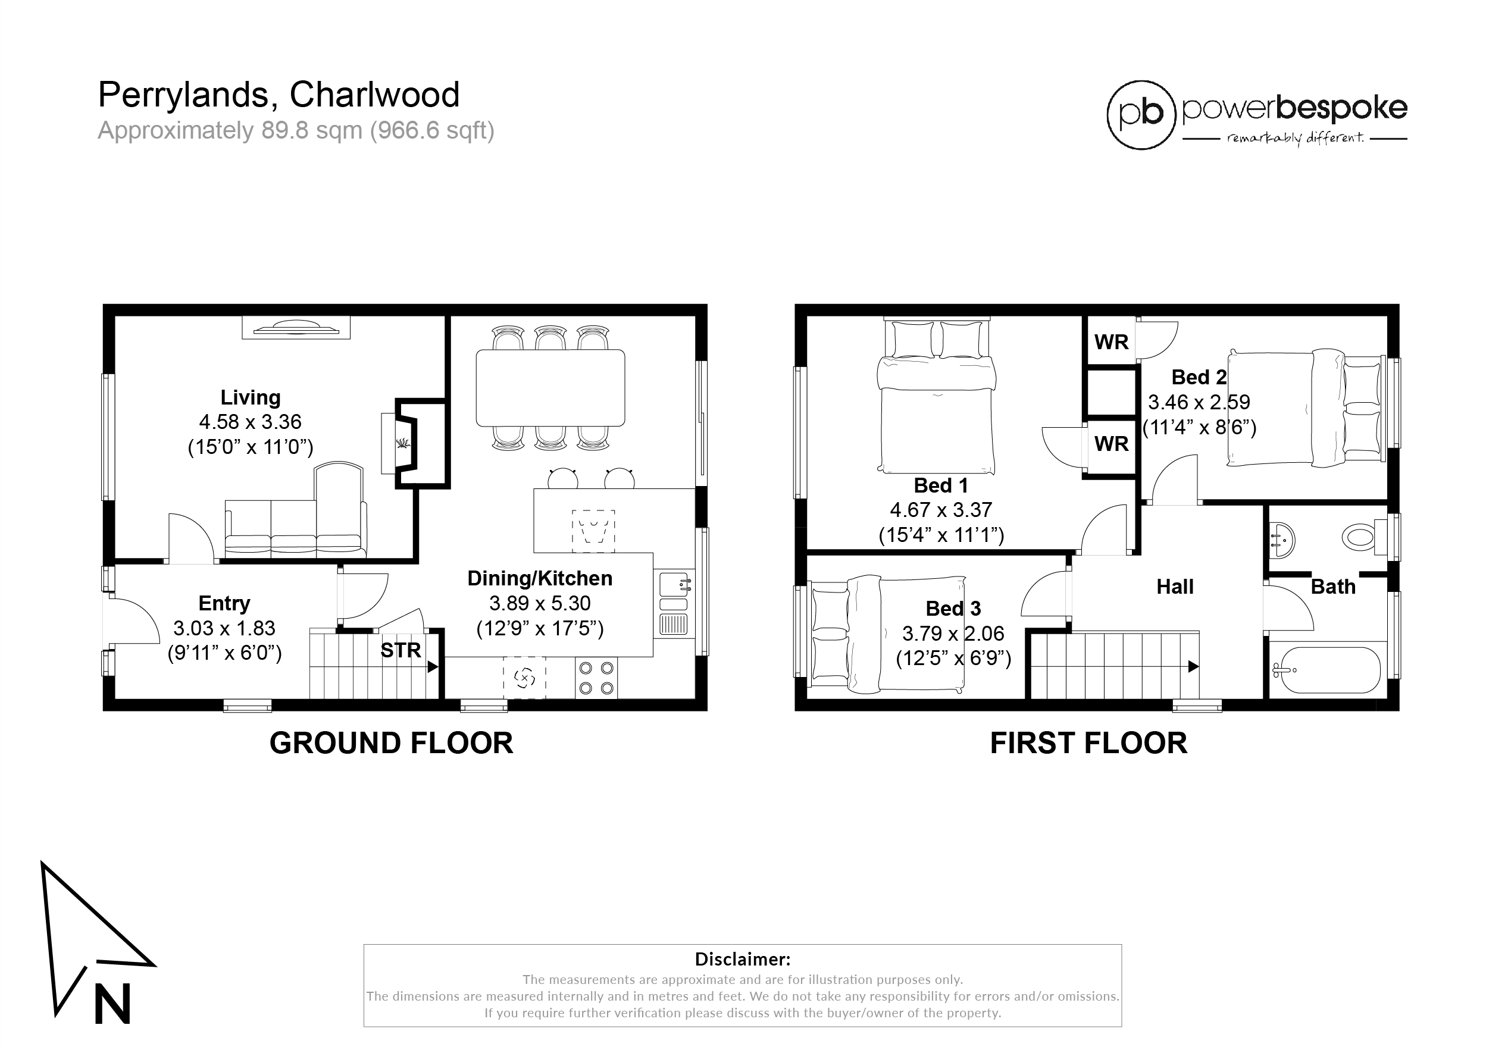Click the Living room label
tap(251, 397)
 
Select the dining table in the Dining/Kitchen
tap(550, 388)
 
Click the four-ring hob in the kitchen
tap(596, 678)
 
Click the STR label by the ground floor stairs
tap(401, 650)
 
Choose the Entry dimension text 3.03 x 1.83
tap(224, 628)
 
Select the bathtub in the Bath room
tap(1325, 670)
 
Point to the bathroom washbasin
tap(1281, 540)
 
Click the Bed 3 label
tap(953, 609)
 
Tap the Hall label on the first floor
tap(1175, 587)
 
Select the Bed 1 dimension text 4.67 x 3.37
tap(941, 510)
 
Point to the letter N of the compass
tap(112, 1004)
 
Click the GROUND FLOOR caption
tap(391, 742)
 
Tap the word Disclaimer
tap(742, 959)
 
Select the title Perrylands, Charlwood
tap(279, 95)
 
